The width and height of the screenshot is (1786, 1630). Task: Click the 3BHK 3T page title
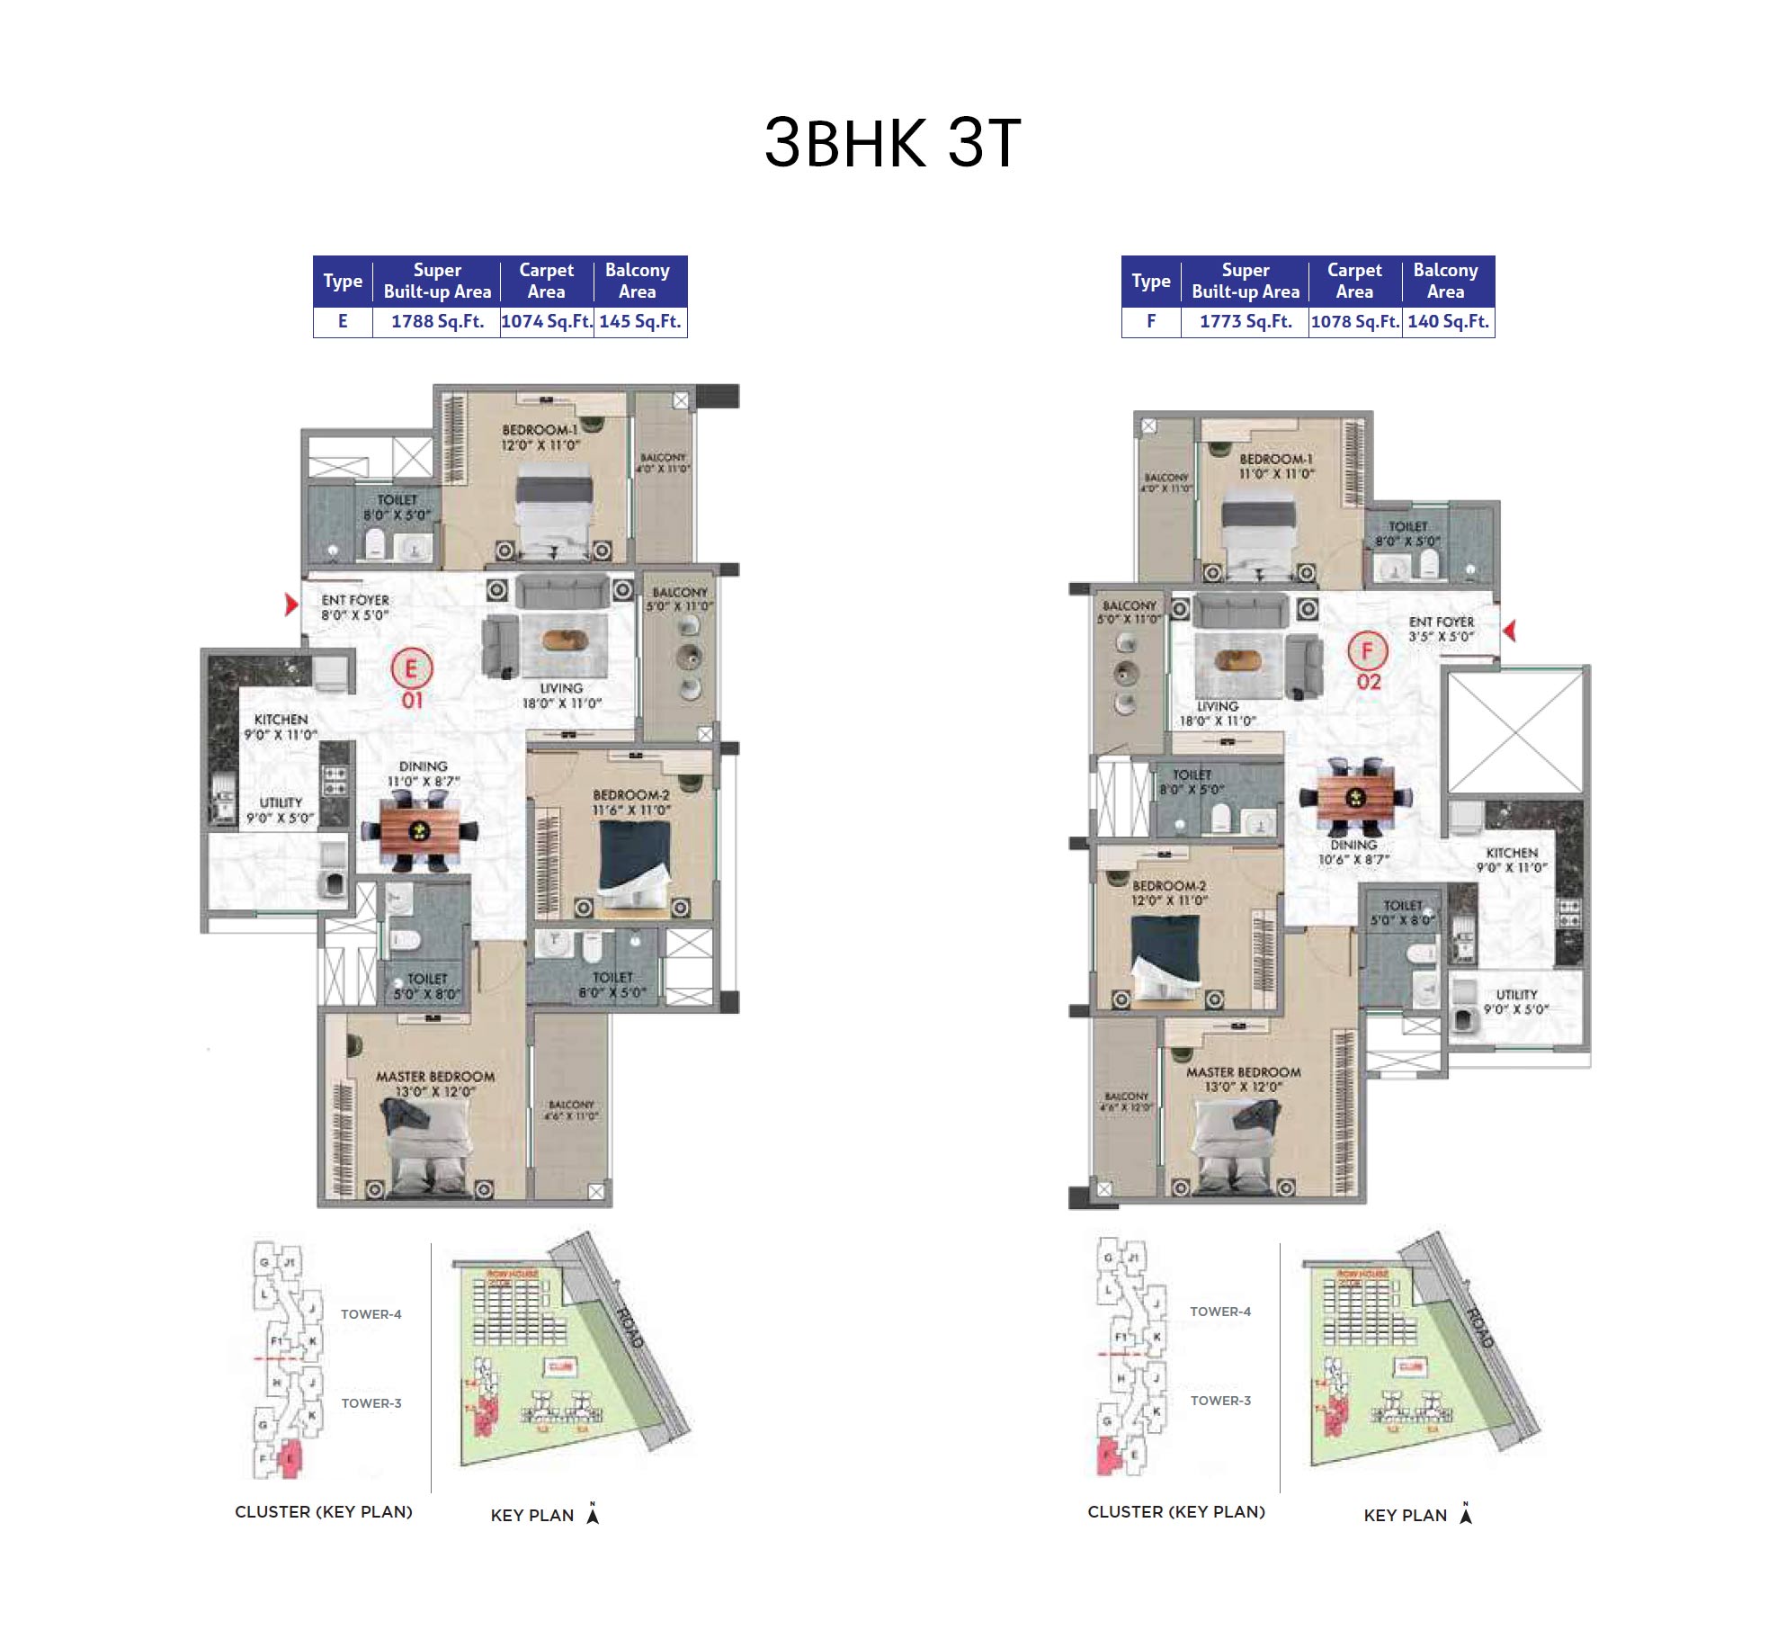pyautogui.click(x=892, y=143)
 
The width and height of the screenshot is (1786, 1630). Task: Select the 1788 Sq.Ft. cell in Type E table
pyautogui.click(x=437, y=321)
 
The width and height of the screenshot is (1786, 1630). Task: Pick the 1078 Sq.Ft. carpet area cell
pyautogui.click(x=1354, y=321)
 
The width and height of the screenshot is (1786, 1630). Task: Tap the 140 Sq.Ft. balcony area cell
pyautogui.click(x=1448, y=321)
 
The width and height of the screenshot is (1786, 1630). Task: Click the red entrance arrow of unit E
pyautogui.click(x=290, y=604)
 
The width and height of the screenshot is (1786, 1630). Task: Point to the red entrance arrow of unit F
pyautogui.click(x=1509, y=631)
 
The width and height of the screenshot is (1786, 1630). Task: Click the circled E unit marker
pyautogui.click(x=412, y=668)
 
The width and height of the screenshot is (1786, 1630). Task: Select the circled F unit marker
pyautogui.click(x=1367, y=650)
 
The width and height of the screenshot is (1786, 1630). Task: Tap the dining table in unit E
pyautogui.click(x=419, y=830)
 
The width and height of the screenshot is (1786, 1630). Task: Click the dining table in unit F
pyautogui.click(x=1355, y=796)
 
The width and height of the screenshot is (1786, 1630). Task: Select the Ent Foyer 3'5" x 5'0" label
pyautogui.click(x=1441, y=629)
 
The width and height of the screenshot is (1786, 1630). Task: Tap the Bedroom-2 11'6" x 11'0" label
pyautogui.click(x=630, y=802)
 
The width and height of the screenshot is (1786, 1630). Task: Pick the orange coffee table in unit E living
pyautogui.click(x=565, y=640)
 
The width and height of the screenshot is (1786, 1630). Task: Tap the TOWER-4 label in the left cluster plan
pyautogui.click(x=371, y=1314)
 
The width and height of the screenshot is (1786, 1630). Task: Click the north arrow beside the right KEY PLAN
pyautogui.click(x=1466, y=1514)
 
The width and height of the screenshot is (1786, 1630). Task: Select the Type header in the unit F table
pyautogui.click(x=1150, y=281)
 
